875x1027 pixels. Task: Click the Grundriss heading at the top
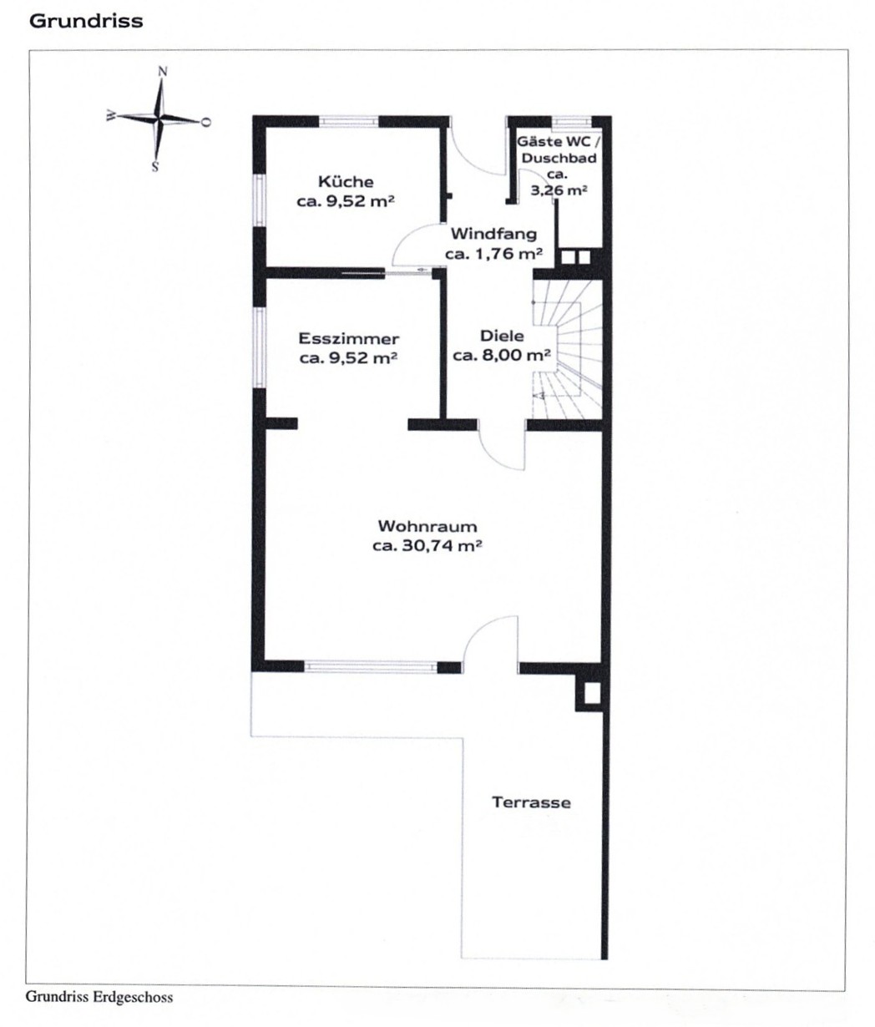pyautogui.click(x=86, y=22)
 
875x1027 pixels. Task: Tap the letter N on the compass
pyautogui.click(x=163, y=72)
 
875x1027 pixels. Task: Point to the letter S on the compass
pyautogui.click(x=155, y=167)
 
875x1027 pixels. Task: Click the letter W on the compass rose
pyautogui.click(x=111, y=116)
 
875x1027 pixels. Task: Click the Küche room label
pyautogui.click(x=346, y=181)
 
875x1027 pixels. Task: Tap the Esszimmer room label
pyautogui.click(x=349, y=339)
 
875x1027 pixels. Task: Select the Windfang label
pyautogui.click(x=494, y=234)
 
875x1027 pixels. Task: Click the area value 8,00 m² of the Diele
pyautogui.click(x=516, y=355)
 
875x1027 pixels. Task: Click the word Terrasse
pyautogui.click(x=531, y=802)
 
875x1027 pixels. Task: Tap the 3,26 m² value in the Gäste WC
pyautogui.click(x=559, y=190)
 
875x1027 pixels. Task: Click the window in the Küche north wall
pyautogui.click(x=349, y=122)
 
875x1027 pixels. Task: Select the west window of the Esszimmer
pyautogui.click(x=258, y=347)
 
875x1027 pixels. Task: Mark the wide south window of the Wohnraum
pyautogui.click(x=371, y=667)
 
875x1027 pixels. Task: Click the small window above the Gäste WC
pyautogui.click(x=571, y=122)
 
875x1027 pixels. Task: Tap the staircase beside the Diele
pyautogui.click(x=568, y=349)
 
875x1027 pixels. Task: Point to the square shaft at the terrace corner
pyautogui.click(x=592, y=693)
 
